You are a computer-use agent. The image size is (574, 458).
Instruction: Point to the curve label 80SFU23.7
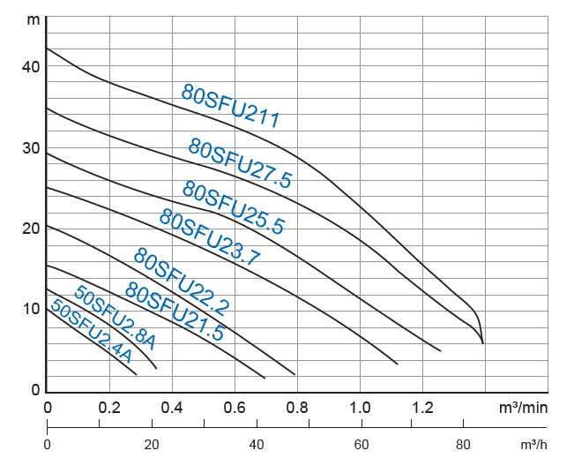210,237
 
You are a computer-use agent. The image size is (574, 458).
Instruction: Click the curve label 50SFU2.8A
115,317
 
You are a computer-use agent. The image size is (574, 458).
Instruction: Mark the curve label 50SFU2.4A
91,332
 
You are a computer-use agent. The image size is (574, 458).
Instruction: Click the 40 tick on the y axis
31,66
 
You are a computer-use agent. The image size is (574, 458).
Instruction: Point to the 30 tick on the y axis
31,147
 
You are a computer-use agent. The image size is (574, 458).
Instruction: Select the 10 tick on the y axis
31,309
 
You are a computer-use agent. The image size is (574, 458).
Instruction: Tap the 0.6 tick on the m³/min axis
235,408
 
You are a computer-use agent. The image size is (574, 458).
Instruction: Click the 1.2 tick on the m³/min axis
422,408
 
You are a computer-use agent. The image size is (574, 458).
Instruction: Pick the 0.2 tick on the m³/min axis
109,408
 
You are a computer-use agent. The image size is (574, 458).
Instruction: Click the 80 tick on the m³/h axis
464,445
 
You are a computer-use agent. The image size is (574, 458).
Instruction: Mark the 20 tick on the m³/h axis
152,445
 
